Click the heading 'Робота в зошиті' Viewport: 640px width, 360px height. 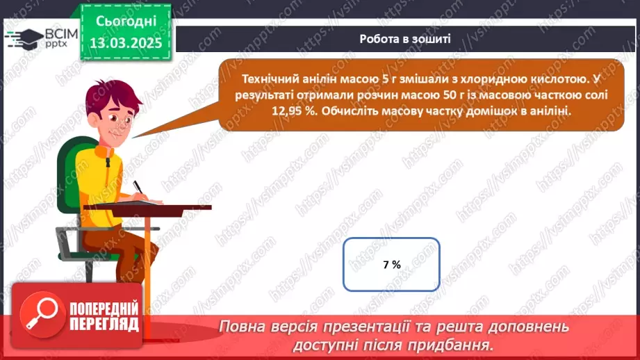[x=405, y=39]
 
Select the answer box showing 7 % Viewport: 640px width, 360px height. [x=391, y=264]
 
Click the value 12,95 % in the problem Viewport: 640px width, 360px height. [x=259, y=111]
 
